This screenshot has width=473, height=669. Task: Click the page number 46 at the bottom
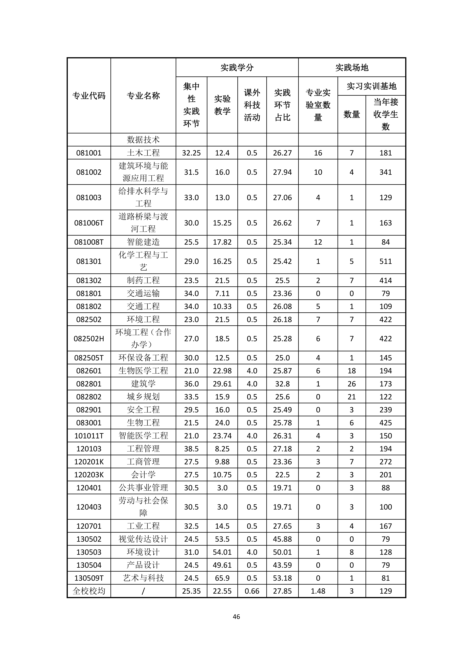click(236, 616)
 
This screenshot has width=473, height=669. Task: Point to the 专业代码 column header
click(89, 96)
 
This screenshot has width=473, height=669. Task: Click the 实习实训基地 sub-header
click(371, 86)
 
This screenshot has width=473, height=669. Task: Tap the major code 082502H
click(89, 339)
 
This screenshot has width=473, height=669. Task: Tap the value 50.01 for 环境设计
click(282, 552)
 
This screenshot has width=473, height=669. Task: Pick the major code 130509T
click(89, 578)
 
